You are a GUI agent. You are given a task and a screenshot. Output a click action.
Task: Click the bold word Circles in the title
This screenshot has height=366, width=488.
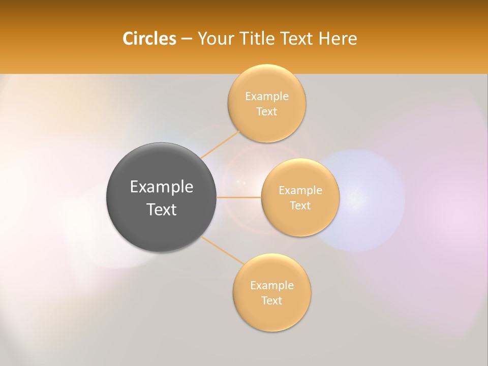coord(149,39)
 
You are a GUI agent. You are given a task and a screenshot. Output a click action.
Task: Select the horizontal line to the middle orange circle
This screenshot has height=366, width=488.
coord(239,197)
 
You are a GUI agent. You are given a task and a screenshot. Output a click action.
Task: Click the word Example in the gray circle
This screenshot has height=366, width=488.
coord(162,187)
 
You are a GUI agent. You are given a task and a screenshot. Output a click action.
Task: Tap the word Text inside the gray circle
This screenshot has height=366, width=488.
coord(162,209)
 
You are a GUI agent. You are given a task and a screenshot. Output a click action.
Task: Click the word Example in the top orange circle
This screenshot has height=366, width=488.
coord(267,97)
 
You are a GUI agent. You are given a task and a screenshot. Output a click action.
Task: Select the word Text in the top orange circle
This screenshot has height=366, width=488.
coord(267,112)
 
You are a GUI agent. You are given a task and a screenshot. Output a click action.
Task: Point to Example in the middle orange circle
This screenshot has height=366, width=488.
coord(300,191)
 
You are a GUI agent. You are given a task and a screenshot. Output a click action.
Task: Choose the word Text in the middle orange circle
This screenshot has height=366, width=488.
coord(300,206)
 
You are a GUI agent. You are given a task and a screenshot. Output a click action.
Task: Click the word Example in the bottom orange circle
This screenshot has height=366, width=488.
coord(272,286)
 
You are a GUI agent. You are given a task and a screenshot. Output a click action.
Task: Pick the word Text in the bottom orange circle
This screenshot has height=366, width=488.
coord(272,301)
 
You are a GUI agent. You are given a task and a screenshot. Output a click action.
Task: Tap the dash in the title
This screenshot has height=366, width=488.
coord(186,39)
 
